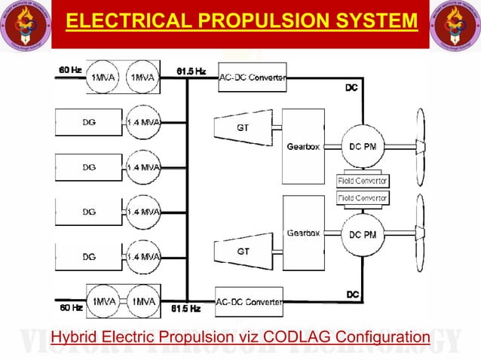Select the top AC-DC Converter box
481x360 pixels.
point(251,77)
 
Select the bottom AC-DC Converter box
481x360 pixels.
point(250,301)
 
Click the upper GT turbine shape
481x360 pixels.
point(243,127)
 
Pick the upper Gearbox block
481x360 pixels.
point(303,146)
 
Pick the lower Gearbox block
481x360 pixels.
point(303,233)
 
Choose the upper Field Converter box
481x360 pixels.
point(363,182)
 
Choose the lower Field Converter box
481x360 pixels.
point(363,197)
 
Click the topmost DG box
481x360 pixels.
point(89,122)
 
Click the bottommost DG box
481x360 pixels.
point(89,257)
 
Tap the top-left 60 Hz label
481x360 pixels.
point(69,70)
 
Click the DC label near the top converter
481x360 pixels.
point(351,88)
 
